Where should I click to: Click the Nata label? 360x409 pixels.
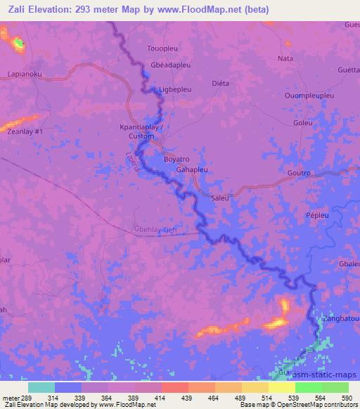click(285, 58)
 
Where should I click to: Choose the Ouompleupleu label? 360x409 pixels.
click(310, 95)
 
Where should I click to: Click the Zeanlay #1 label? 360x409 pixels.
click(25, 131)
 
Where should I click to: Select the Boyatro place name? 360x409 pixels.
click(177, 159)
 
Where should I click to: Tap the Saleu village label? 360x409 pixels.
click(221, 198)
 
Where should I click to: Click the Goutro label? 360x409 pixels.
click(300, 171)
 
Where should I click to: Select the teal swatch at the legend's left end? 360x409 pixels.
click(41, 387)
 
